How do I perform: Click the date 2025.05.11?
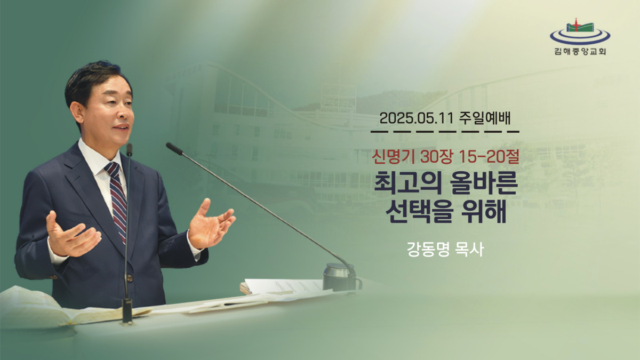point(417,118)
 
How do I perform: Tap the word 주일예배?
point(485,118)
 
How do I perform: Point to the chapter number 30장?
point(436,157)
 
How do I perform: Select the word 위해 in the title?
point(484,212)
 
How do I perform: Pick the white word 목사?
point(469,250)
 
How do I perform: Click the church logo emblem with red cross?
point(580,32)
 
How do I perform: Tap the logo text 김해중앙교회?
point(580,51)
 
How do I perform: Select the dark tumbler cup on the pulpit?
point(341,277)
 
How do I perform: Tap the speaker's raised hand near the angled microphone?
point(211,224)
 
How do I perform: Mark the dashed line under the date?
point(445,132)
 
